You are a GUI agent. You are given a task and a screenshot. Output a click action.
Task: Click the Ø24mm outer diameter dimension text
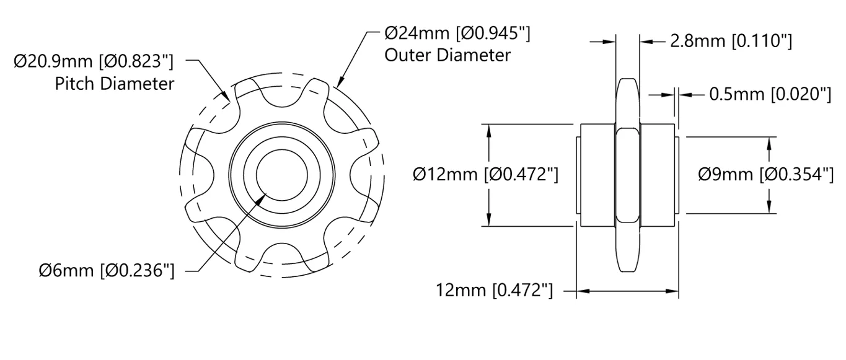[457, 33]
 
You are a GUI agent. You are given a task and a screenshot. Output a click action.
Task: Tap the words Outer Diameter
[447, 55]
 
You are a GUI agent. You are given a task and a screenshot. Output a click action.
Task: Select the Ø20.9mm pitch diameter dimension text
[94, 61]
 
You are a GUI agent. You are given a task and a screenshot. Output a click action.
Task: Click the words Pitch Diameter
[115, 84]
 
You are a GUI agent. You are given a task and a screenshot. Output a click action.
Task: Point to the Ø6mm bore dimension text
[107, 271]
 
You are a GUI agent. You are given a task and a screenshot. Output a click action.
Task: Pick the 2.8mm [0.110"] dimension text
[731, 41]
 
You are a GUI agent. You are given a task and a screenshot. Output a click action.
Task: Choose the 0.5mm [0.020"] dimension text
[770, 94]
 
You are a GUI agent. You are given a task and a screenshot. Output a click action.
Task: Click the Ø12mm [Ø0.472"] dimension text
[486, 175]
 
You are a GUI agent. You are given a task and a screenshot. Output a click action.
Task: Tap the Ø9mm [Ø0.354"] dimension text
[766, 175]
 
